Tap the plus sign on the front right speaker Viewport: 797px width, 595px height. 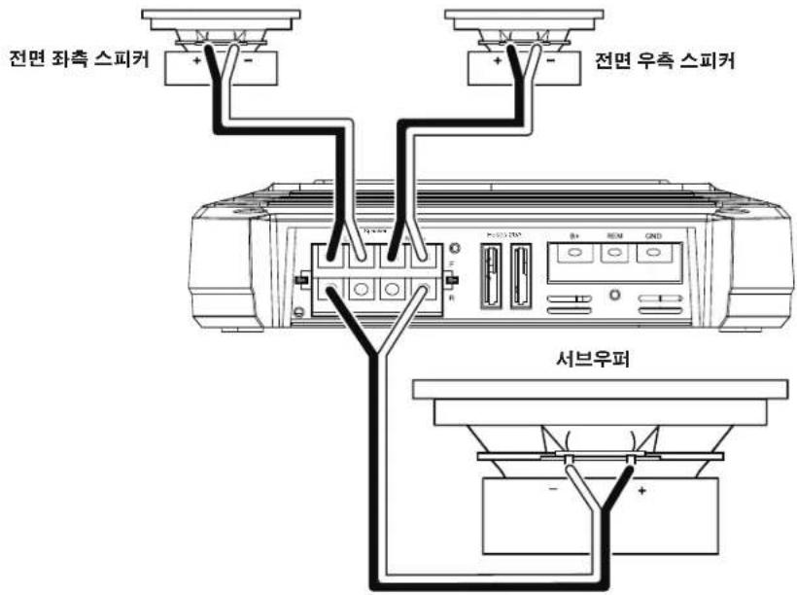tap(498, 61)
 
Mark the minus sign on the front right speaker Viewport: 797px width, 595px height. tap(551, 61)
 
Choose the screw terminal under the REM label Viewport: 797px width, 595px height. tap(613, 253)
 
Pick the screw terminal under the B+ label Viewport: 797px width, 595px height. tap(573, 253)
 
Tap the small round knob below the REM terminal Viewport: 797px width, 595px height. tap(613, 294)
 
